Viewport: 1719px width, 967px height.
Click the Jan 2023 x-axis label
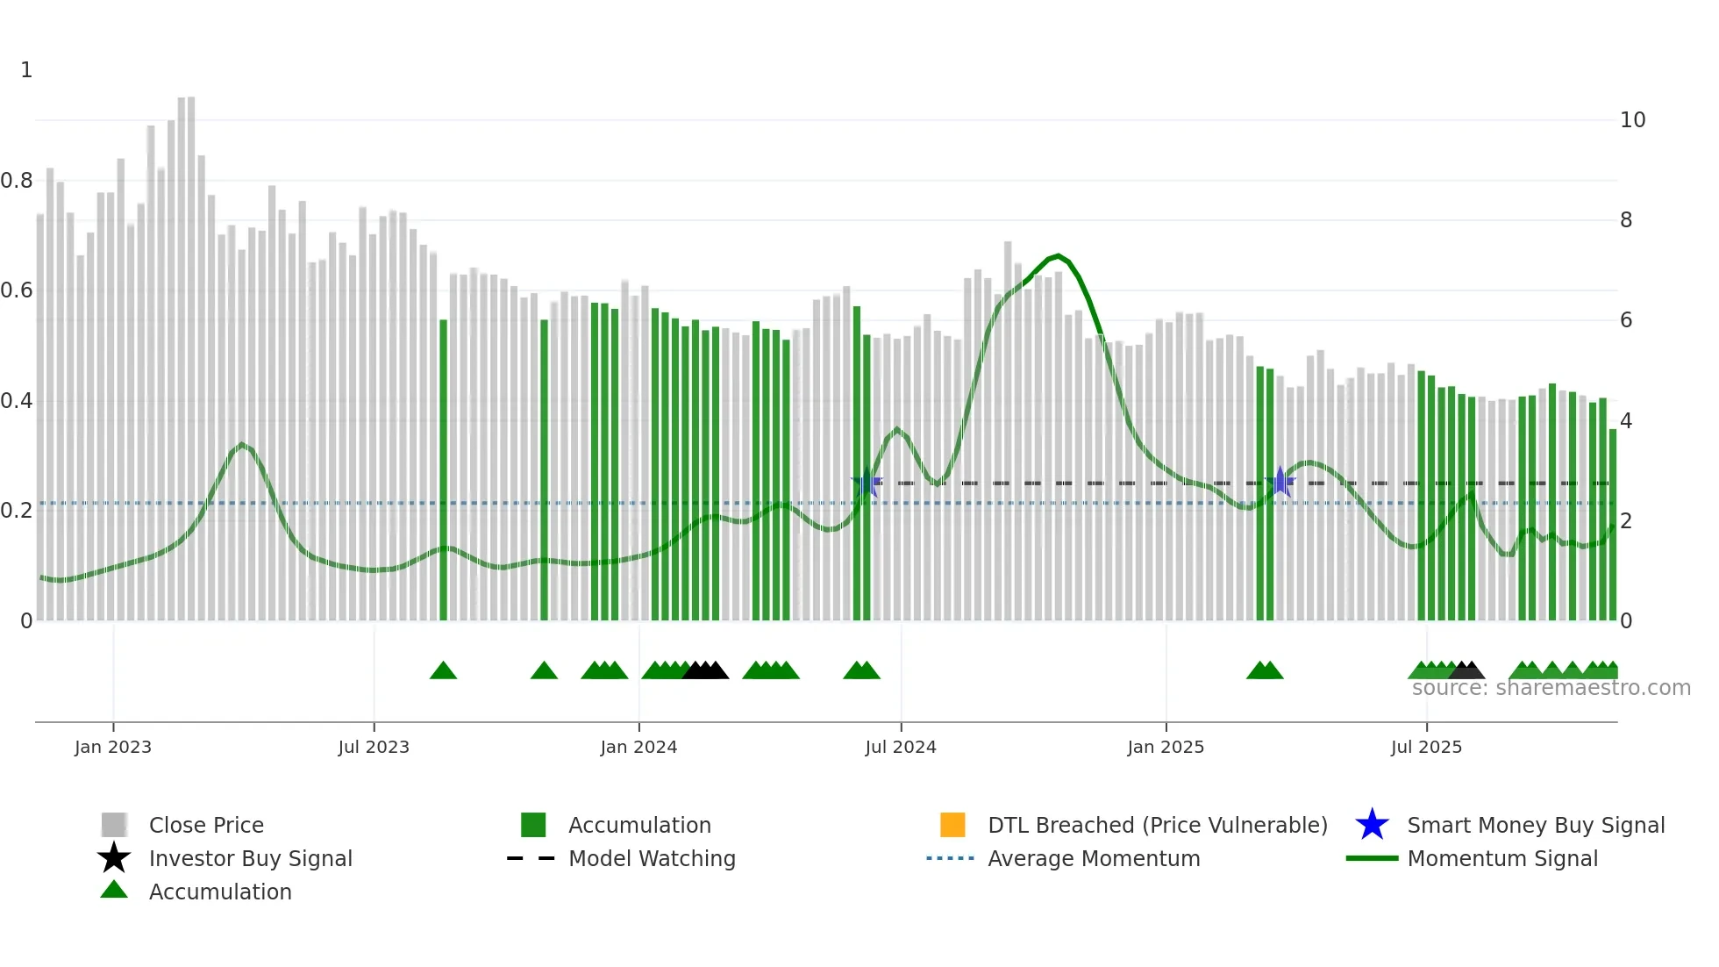(113, 747)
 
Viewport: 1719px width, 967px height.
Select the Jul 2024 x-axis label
(901, 747)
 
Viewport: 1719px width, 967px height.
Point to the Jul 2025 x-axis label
(1426, 747)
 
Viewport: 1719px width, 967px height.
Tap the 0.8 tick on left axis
(17, 181)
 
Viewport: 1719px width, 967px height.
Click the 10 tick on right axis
(1632, 120)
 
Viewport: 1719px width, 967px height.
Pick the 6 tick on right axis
(1626, 320)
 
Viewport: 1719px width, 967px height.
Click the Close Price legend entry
(205, 825)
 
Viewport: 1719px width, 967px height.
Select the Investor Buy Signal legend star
(114, 858)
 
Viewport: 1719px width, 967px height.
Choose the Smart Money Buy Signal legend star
(1372, 825)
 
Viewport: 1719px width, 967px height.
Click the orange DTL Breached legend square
(952, 825)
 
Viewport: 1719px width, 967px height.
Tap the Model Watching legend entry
(651, 858)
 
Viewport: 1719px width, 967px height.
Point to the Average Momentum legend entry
(1093, 858)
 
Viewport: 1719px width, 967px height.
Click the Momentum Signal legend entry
(1501, 858)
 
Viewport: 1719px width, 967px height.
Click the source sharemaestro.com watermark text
(1551, 688)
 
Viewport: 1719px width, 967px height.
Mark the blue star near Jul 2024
(867, 483)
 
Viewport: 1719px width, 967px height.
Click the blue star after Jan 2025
(1280, 482)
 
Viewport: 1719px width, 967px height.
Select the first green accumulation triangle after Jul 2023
(443, 671)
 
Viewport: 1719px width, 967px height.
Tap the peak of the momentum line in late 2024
(1059, 256)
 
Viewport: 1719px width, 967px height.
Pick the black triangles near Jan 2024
(706, 671)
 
